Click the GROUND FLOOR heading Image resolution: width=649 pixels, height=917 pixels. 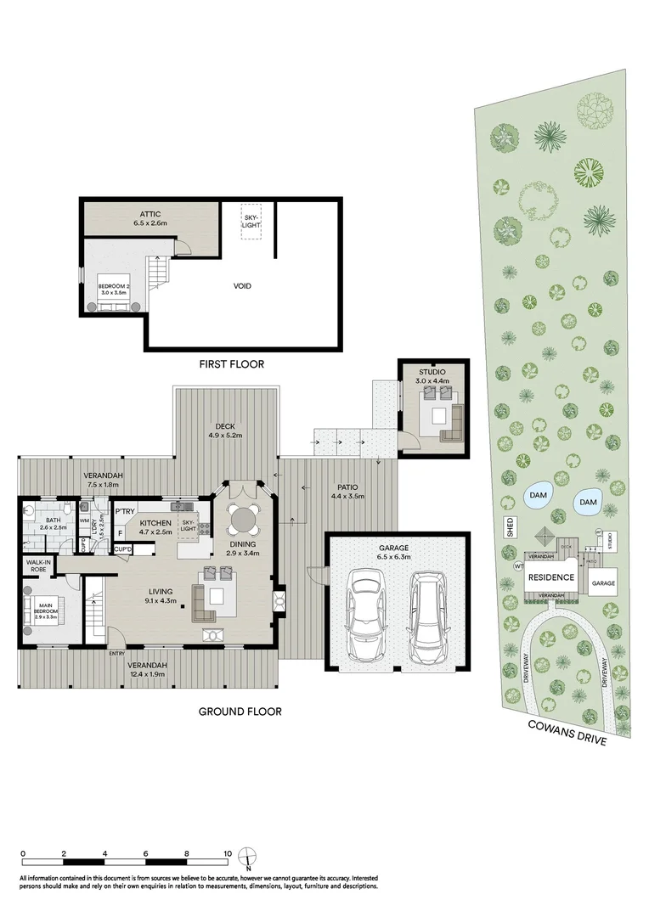[x=240, y=712]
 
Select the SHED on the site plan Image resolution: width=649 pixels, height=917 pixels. [x=511, y=528]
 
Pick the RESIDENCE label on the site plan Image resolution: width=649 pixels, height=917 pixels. [x=552, y=578]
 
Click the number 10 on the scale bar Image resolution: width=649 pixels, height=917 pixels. [x=228, y=854]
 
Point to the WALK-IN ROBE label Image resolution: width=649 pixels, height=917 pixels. [x=37, y=565]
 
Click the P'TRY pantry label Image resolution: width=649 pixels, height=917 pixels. [x=126, y=511]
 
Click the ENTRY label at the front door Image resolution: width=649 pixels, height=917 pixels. [x=117, y=653]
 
